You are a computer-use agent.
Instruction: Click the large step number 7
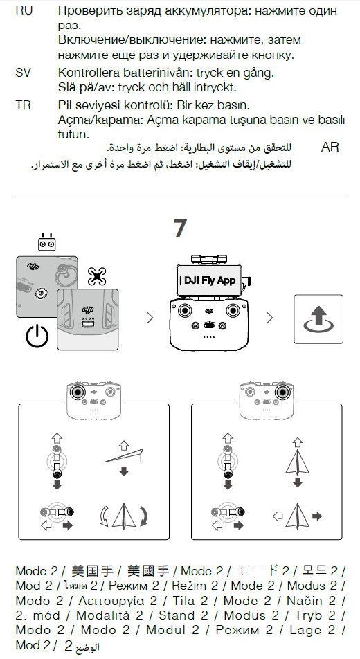180,228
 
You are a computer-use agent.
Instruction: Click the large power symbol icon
37,336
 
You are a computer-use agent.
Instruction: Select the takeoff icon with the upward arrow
318,319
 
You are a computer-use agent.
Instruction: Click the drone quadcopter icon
97,276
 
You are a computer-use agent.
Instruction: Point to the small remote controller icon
46,242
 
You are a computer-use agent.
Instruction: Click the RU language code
24,10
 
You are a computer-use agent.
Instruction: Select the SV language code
23,73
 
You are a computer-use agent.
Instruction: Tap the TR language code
23,105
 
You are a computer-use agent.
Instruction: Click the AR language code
330,147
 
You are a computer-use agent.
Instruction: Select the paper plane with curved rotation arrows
124,515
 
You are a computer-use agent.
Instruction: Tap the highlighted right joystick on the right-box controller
281,392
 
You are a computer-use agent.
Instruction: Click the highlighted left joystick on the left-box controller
78,392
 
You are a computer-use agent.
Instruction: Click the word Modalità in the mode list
109,615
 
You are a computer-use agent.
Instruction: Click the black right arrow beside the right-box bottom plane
317,516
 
